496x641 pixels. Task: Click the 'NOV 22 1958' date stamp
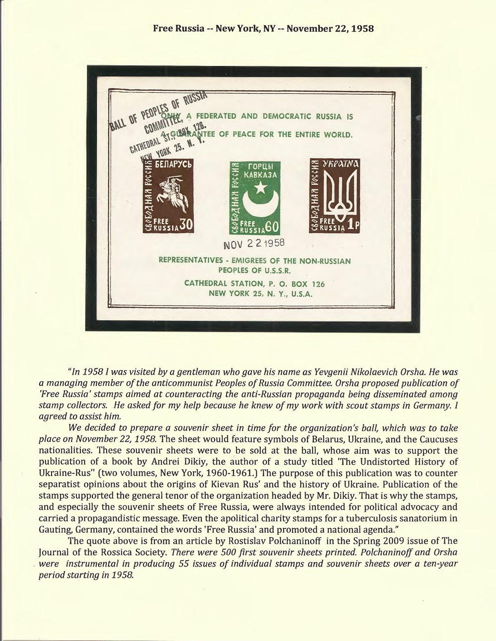click(x=253, y=244)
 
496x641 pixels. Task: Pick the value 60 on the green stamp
click(x=271, y=227)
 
